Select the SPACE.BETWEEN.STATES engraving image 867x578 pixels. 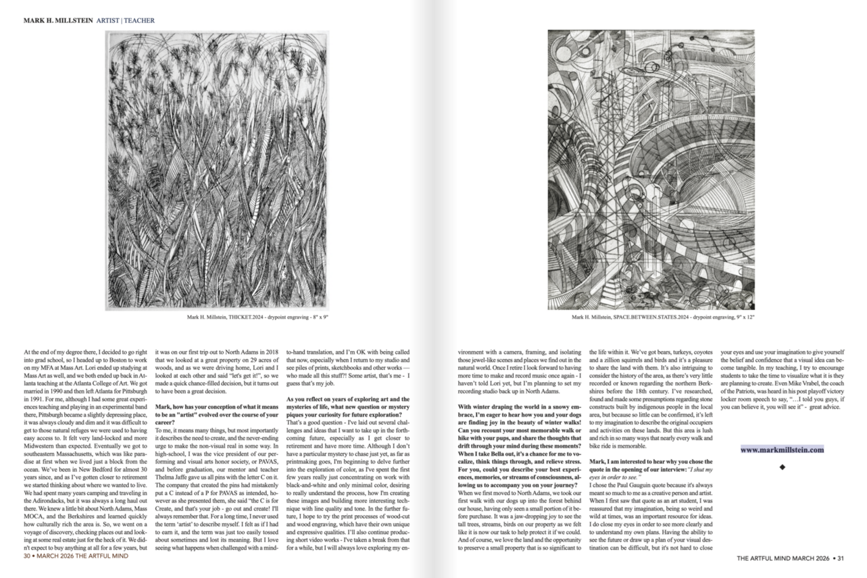651,169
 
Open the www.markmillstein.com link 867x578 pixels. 782,449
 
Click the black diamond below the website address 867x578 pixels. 782,467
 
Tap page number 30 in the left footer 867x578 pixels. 28,557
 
